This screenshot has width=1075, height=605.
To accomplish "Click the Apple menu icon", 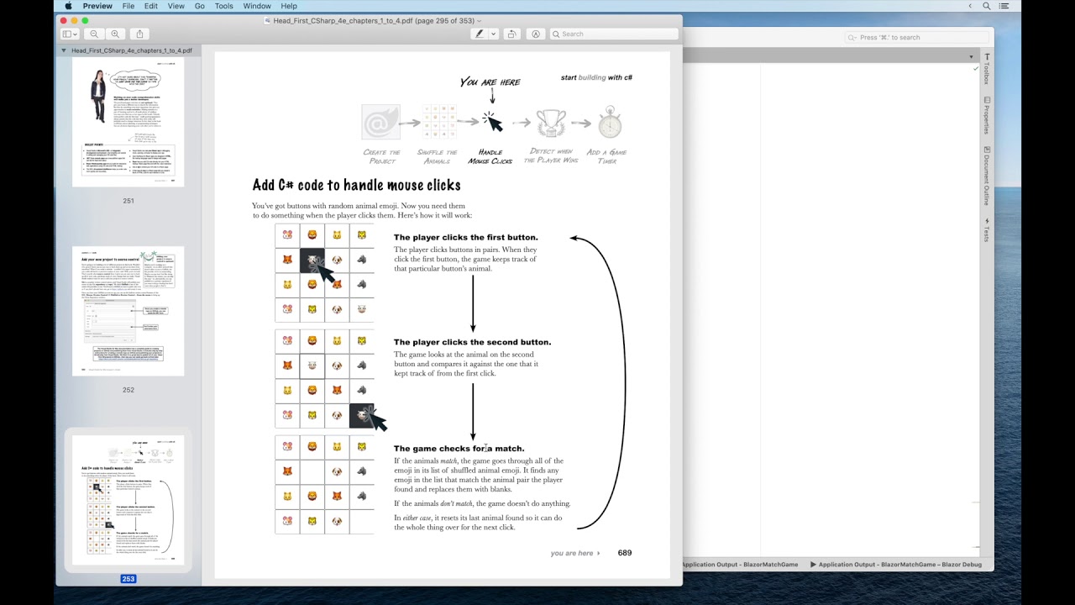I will [68, 6].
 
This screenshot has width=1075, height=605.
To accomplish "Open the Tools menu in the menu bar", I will [223, 6].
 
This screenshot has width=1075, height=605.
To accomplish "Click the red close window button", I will [63, 20].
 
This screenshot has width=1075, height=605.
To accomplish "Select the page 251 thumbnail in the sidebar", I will [128, 123].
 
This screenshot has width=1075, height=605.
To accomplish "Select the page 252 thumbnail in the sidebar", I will [128, 311].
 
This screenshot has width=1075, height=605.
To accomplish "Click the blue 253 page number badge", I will [128, 579].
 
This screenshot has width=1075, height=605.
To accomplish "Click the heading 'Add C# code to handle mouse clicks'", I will [356, 185].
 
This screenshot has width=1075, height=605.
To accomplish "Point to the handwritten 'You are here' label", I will [490, 82].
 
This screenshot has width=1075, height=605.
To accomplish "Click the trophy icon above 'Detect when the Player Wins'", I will [551, 123].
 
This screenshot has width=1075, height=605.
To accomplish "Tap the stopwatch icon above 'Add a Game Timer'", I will [610, 123].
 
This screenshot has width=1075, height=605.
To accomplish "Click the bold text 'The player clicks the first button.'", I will [465, 238].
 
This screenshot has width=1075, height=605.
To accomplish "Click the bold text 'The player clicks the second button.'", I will [472, 343].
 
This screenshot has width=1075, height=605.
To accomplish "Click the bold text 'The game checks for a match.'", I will [459, 449].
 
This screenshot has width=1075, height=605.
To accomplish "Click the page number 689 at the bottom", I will [624, 553].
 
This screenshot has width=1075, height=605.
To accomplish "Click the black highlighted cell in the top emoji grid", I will [312, 260].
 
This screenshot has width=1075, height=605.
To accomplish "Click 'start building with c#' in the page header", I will [596, 77].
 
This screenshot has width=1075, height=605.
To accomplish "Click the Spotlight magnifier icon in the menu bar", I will [987, 6].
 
